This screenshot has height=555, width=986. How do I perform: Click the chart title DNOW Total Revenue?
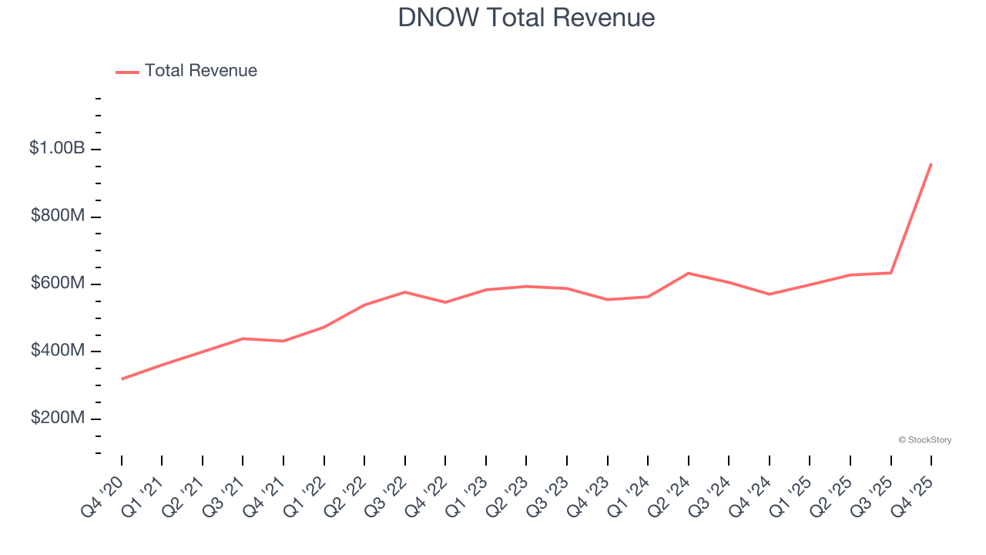[x=526, y=17]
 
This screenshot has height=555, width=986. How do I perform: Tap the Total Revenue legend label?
[x=200, y=71]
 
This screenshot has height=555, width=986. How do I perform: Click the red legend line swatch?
[x=127, y=72]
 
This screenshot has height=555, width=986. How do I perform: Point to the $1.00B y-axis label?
[x=57, y=148]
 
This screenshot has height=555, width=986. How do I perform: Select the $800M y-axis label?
[x=58, y=216]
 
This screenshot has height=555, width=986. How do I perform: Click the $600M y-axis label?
[x=58, y=284]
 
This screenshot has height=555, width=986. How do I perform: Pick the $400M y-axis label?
[x=58, y=351]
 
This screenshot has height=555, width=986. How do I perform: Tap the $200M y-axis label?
[x=58, y=418]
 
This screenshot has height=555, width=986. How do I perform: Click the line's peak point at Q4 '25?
[x=931, y=163]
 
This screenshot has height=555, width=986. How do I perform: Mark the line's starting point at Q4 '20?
[x=122, y=379]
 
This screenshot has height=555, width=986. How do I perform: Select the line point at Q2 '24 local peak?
[x=688, y=273]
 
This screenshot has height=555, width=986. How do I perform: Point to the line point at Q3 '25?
[x=890, y=273]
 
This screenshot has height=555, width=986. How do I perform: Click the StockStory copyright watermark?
[x=924, y=440]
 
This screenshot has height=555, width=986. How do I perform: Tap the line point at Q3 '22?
[x=405, y=292]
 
